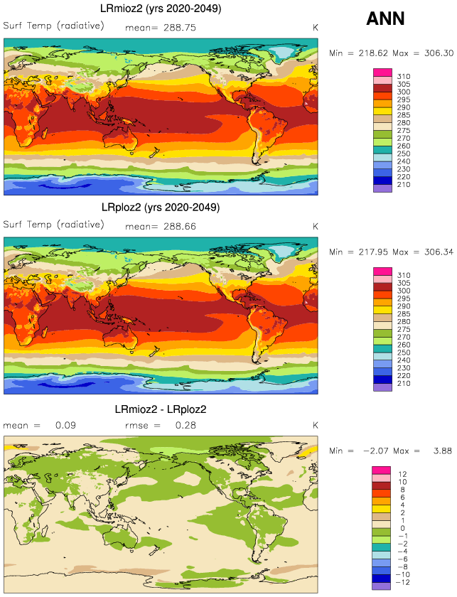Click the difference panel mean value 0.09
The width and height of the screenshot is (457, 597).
pyautogui.click(x=66, y=425)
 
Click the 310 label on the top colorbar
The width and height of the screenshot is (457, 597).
pyautogui.click(x=403, y=76)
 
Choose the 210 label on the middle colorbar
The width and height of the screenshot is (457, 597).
pyautogui.click(x=403, y=384)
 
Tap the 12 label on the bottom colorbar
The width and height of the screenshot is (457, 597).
pyautogui.click(x=402, y=474)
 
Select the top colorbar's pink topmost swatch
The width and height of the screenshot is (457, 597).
pyautogui.click(x=382, y=72)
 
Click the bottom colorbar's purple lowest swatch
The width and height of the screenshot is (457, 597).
pyautogui.click(x=382, y=586)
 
